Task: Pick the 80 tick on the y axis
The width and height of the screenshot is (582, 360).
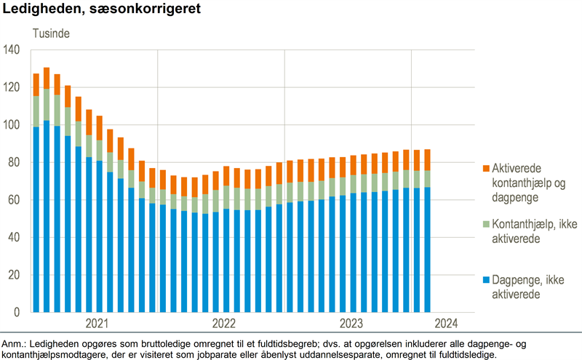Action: (x=15, y=163)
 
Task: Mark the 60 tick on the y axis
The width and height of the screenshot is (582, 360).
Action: (x=15, y=200)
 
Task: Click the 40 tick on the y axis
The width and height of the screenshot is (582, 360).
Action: (x=15, y=238)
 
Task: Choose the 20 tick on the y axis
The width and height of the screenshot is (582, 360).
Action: (x=15, y=276)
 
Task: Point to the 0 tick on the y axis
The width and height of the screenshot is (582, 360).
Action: (x=17, y=313)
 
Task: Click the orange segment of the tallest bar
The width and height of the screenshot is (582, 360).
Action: (x=47, y=78)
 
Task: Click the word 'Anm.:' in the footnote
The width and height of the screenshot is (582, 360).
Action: (x=15, y=343)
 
